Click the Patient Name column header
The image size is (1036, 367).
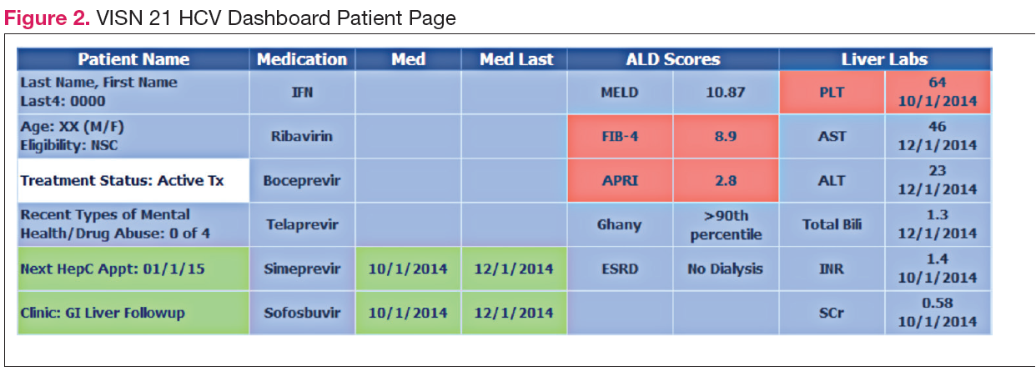[x=133, y=59]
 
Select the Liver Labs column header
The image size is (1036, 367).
[x=885, y=59]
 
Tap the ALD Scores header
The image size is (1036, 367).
[x=673, y=59]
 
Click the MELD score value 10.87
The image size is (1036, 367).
[x=725, y=92]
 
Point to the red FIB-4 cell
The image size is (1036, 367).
[x=620, y=136]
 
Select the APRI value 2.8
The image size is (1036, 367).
[x=725, y=180]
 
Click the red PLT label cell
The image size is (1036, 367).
[x=832, y=92]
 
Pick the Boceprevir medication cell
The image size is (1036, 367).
[x=302, y=180]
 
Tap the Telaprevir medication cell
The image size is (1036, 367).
[x=302, y=224]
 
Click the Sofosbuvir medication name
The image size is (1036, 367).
[x=302, y=313]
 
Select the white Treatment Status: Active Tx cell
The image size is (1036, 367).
[x=133, y=180]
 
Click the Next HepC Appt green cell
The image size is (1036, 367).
[x=133, y=269]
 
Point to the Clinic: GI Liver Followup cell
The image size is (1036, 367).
[x=133, y=313]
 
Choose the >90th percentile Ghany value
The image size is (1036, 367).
[x=725, y=224]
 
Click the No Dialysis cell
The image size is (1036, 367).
[x=725, y=269]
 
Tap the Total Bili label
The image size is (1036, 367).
[x=832, y=224]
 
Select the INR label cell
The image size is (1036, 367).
[x=832, y=269]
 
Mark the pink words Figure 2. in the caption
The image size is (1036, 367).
[x=47, y=18]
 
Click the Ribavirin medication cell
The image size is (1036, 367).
[x=302, y=136]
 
